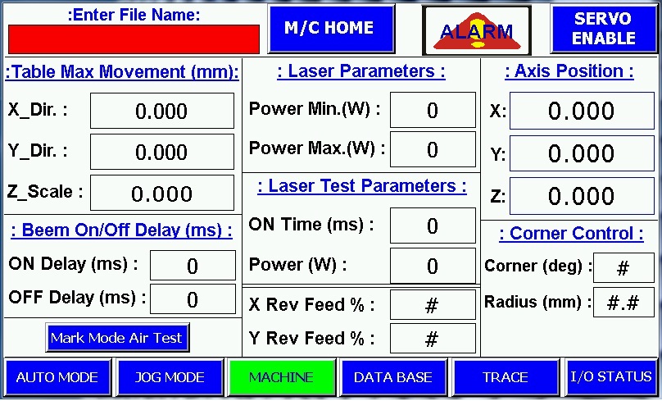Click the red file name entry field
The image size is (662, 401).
pos(134,39)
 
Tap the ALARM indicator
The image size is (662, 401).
pos(477,30)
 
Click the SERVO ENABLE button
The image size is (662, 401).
pos(604,29)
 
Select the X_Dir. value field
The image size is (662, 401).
pos(162,111)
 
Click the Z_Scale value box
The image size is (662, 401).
pos(162,193)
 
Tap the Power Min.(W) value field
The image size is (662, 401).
pos(433,110)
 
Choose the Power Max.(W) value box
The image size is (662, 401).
pos(433,149)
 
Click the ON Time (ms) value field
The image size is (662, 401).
pos(433,226)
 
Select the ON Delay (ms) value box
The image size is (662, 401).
pos(193,266)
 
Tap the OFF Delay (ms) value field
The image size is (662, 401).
pos(193,299)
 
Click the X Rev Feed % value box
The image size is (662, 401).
pos(433,305)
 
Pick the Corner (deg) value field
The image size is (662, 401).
pos(623,268)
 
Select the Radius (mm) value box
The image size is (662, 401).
pos(623,302)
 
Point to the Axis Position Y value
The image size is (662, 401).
pos(582,153)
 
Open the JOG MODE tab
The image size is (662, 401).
pos(170,377)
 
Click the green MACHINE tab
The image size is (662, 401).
pos(281,377)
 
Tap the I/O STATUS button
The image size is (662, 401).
pos(610,377)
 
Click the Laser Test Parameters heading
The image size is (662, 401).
pos(362,186)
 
